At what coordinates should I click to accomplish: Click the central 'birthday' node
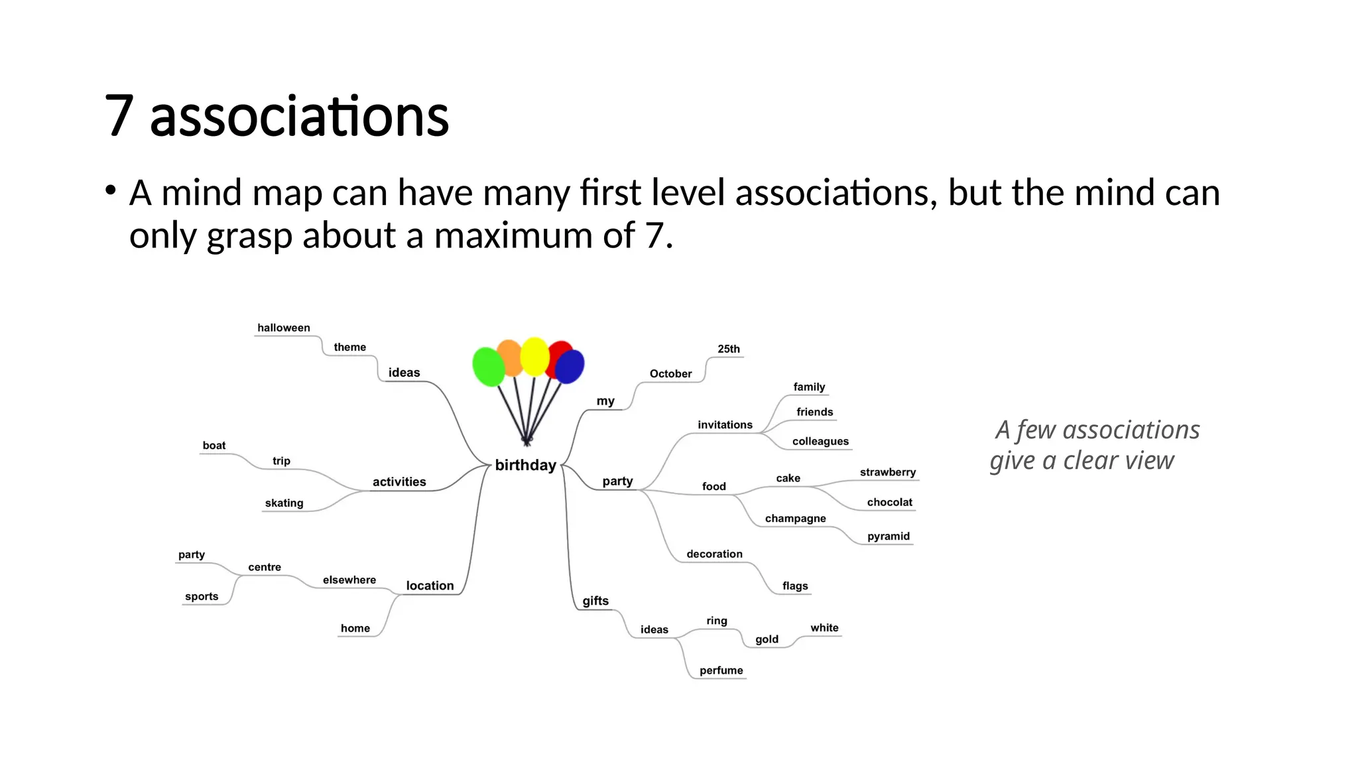tap(525, 465)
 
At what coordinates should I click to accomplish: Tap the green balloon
tap(489, 366)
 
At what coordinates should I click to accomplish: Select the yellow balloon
tap(534, 356)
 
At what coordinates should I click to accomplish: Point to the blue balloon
tap(570, 367)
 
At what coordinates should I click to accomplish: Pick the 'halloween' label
tap(283, 328)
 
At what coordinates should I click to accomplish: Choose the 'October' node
tap(670, 373)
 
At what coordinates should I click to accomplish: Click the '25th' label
tap(728, 349)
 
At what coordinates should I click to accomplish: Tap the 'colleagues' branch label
tap(820, 442)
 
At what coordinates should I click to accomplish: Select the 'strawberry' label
tap(887, 472)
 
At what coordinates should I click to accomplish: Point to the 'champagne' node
tap(795, 519)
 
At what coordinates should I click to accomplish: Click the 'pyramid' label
tap(888, 537)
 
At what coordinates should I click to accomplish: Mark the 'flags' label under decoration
tap(794, 586)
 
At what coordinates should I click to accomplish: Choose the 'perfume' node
tap(721, 670)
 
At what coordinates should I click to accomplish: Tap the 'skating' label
tap(284, 503)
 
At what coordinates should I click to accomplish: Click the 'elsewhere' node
tap(349, 580)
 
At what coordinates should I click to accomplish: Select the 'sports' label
tap(202, 597)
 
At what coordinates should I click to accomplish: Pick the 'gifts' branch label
tap(595, 601)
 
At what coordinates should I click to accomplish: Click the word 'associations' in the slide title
tap(299, 117)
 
